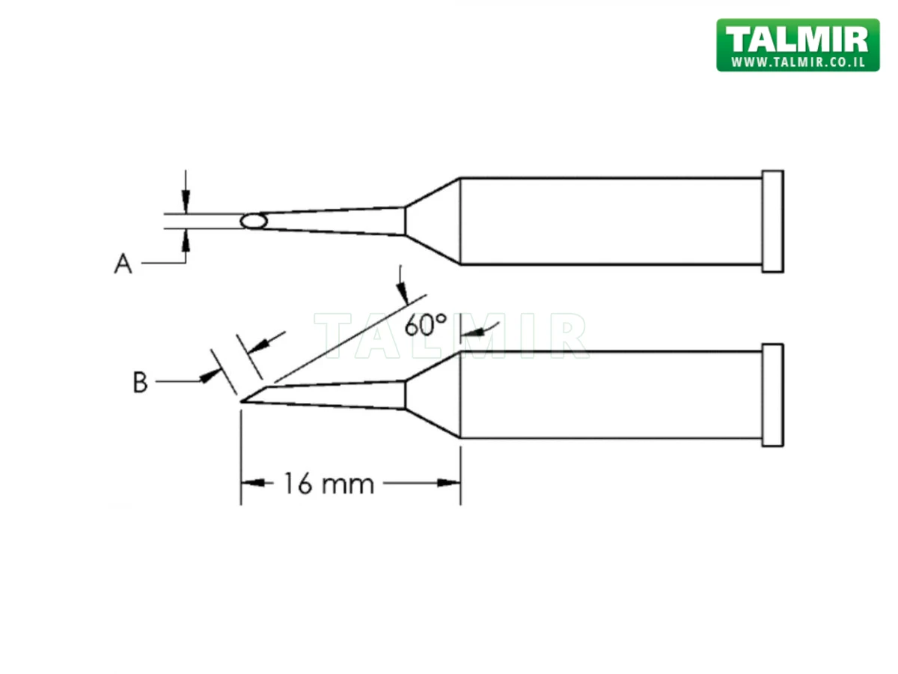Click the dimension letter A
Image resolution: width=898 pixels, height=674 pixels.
tap(123, 264)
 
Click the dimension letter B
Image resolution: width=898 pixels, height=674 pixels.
tap(140, 383)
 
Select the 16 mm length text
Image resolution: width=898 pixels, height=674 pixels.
tap(328, 484)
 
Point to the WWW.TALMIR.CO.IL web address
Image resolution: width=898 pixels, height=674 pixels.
tap(797, 62)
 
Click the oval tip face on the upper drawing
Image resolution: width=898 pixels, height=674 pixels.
tap(254, 221)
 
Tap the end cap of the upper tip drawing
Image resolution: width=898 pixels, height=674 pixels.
tap(772, 221)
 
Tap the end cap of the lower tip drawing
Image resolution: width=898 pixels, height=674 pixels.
tap(772, 395)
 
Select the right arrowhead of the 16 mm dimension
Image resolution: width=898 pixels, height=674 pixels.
tap(450, 484)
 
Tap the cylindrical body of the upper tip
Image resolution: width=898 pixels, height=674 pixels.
tap(610, 221)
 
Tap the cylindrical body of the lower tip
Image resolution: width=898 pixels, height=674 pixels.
tap(610, 395)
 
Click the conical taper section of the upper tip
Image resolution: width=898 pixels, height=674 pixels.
tap(432, 221)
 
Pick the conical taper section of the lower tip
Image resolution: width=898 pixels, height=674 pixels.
tap(432, 395)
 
